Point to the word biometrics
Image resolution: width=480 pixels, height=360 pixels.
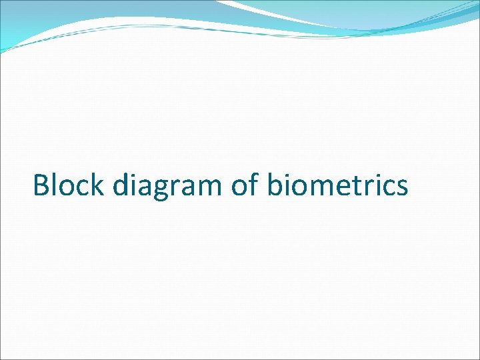click(337, 185)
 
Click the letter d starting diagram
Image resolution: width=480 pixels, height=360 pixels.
click(121, 185)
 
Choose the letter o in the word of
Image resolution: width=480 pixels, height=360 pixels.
click(240, 187)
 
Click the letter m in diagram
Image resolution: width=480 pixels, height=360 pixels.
click(206, 187)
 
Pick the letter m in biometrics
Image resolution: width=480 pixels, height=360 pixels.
click(319, 187)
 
